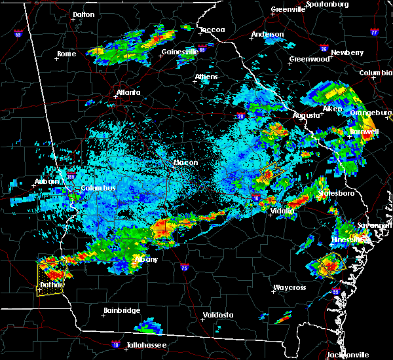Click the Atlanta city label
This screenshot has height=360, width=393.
coord(128,92)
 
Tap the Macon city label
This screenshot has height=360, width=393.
coord(185,162)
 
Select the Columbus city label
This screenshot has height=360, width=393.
coord(98,189)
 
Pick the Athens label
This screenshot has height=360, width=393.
coord(206,77)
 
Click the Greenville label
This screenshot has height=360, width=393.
coord(288,10)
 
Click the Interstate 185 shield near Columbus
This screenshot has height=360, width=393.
coord(70,175)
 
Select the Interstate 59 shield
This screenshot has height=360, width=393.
coord(18,33)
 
